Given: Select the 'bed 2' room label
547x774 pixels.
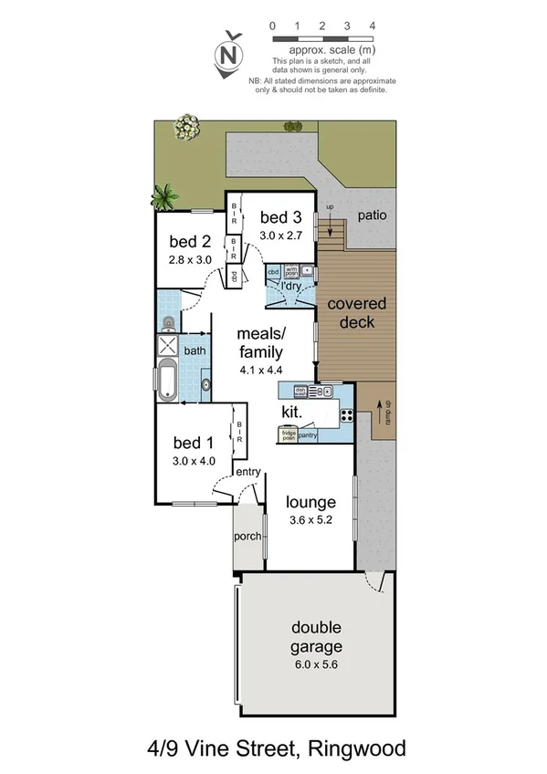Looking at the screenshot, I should [x=189, y=242].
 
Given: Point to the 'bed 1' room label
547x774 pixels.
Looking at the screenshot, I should [x=193, y=444].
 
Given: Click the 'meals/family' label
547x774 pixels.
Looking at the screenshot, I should [x=261, y=343].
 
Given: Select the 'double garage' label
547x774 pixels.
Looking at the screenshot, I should [x=317, y=636].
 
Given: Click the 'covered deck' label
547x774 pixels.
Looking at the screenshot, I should [x=356, y=312].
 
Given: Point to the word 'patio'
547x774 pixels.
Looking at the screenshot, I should [x=371, y=216].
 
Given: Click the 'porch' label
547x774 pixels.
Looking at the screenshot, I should [x=247, y=537].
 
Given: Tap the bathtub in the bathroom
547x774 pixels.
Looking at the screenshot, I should [x=167, y=382].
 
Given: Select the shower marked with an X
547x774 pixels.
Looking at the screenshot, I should [x=167, y=346].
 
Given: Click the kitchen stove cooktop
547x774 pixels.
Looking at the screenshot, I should [x=347, y=414].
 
